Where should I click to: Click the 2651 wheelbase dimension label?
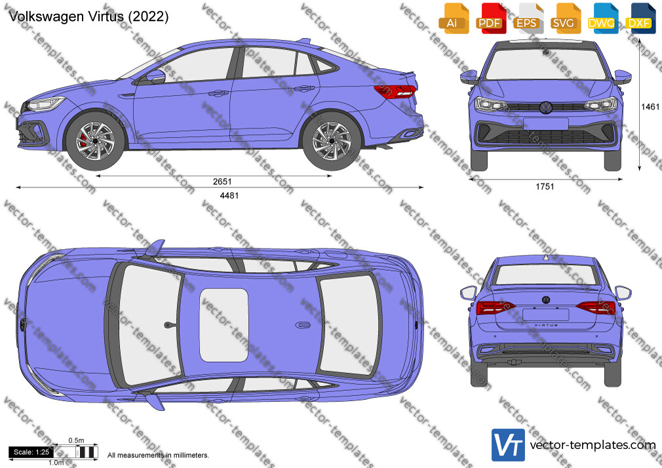pyautogui.click(x=222, y=182)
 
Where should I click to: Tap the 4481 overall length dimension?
pyautogui.click(x=229, y=195)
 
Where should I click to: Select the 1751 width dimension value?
pyautogui.click(x=545, y=187)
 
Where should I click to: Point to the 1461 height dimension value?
pyautogui.click(x=650, y=107)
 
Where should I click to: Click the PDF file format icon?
pyautogui.click(x=490, y=18)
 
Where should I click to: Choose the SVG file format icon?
pyautogui.click(x=564, y=18)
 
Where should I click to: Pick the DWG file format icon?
pyautogui.click(x=601, y=18)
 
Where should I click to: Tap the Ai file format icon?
pyautogui.click(x=453, y=18)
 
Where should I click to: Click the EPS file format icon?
pyautogui.click(x=527, y=18)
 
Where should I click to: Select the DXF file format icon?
pyautogui.click(x=639, y=18)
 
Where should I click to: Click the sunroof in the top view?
pyautogui.click(x=224, y=325)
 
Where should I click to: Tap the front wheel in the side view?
pyautogui.click(x=95, y=141)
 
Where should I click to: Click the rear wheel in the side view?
pyautogui.click(x=332, y=141)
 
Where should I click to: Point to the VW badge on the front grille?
pyautogui.click(x=546, y=107)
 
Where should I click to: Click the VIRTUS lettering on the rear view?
pyautogui.click(x=546, y=325)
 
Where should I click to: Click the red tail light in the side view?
pyautogui.click(x=395, y=91)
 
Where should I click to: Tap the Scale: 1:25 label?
pyautogui.click(x=31, y=452)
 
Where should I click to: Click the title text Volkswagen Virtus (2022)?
pyautogui.click(x=88, y=16)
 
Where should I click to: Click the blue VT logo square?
pyautogui.click(x=509, y=445)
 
